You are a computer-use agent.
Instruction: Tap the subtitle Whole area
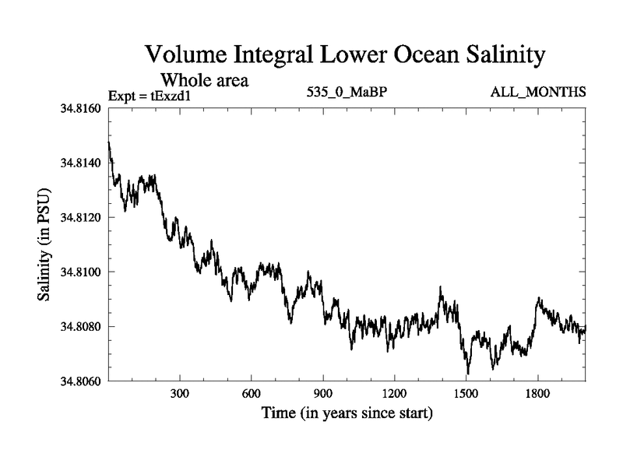tap(204, 79)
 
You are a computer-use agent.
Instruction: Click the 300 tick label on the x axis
tap(180, 394)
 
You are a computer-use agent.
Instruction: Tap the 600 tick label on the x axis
tap(252, 394)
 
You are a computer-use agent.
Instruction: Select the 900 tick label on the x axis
tap(323, 394)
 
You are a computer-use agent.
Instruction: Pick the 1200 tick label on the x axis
tap(395, 394)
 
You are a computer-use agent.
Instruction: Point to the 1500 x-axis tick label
tap(466, 394)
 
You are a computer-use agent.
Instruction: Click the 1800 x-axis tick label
tap(538, 394)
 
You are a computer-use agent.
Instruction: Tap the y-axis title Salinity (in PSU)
tap(44, 245)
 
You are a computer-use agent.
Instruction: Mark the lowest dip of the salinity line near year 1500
tap(468, 374)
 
